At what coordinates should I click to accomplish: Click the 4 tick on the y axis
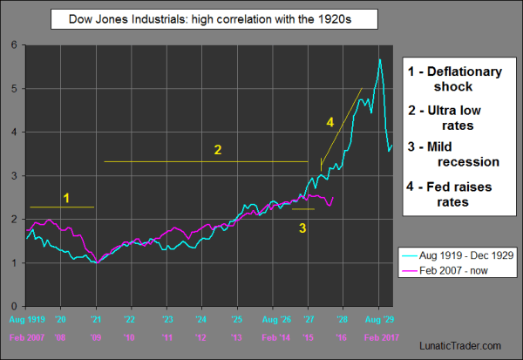tap(10, 132)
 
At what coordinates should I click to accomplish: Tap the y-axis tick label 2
tap(10, 220)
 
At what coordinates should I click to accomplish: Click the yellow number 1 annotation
tap(66, 198)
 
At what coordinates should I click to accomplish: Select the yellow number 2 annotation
tap(218, 150)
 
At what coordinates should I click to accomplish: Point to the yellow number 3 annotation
tap(302, 228)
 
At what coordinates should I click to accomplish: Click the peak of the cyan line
tap(380, 59)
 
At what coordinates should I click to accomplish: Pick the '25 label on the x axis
tap(237, 318)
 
